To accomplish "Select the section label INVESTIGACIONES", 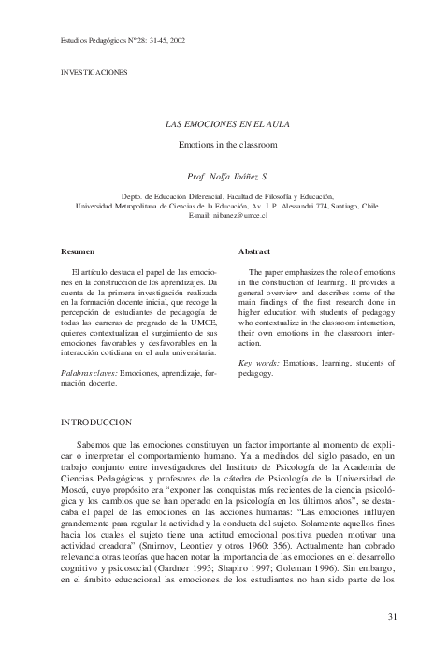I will tap(94, 73).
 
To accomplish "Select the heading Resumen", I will tap(78, 252).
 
